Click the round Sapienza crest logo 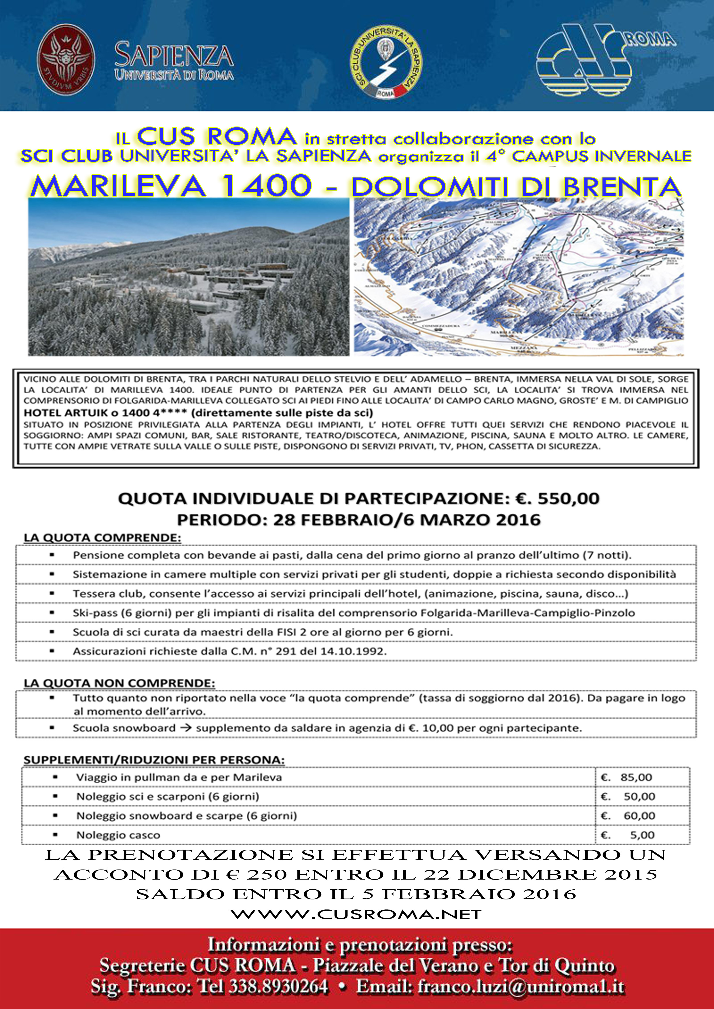(66, 60)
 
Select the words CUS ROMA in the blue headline (217, 137)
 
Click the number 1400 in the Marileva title (266, 186)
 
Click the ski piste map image (519, 277)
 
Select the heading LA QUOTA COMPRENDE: (102, 538)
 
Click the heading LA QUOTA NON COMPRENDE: (119, 683)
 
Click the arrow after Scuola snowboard (186, 728)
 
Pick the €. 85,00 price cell (627, 777)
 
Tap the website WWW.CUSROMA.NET (356, 914)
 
